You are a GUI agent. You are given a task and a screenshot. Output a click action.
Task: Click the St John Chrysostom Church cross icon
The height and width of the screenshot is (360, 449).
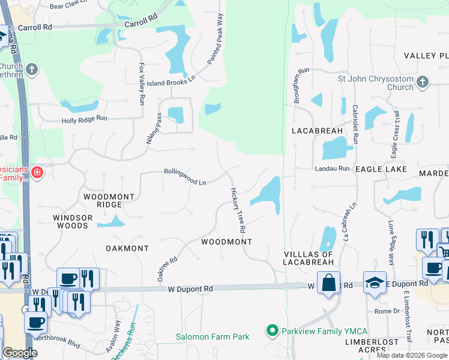click(422, 82)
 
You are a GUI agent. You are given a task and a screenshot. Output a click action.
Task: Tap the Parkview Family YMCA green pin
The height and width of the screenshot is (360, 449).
click(272, 331)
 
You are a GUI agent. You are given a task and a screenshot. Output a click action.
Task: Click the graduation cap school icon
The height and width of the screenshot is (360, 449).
click(375, 282)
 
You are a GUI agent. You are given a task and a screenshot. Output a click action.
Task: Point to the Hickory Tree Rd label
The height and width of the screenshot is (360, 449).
click(239, 210)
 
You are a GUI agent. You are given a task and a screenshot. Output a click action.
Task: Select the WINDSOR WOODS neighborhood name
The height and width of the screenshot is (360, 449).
click(73, 221)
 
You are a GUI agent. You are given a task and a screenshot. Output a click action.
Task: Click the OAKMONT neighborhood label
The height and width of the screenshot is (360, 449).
click(127, 248)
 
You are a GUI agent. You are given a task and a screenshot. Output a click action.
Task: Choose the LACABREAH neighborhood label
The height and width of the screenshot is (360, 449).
click(317, 130)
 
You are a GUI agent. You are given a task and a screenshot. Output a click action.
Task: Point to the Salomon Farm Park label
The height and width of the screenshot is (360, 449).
click(212, 337)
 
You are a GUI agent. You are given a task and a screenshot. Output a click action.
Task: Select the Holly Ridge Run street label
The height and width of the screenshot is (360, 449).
click(85, 119)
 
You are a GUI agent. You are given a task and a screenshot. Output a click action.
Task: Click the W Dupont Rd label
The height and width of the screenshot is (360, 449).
click(190, 289)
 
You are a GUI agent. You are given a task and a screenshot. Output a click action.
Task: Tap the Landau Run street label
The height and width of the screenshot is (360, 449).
click(332, 169)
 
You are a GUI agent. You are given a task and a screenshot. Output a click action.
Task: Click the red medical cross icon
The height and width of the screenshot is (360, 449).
click(37, 173)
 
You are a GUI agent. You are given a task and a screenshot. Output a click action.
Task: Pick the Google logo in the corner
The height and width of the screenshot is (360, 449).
click(20, 353)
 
